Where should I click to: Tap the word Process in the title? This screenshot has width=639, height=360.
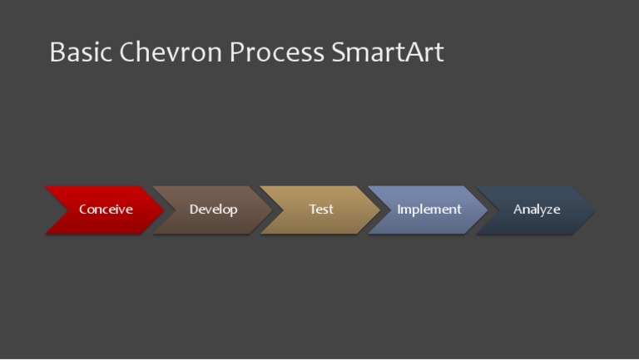[x=277, y=52]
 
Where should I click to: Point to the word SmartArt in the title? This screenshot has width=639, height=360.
[x=388, y=52]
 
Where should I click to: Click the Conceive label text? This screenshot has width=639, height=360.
[x=106, y=210]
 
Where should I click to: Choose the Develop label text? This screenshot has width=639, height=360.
[x=213, y=210]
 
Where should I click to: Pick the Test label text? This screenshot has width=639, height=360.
[x=321, y=210]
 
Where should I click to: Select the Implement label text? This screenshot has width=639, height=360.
[x=428, y=210]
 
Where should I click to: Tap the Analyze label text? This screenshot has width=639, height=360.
[x=537, y=210]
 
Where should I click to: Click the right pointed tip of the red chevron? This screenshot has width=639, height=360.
[x=164, y=210]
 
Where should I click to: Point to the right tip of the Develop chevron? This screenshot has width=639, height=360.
[x=271, y=210]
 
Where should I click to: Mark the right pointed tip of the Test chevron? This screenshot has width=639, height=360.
[x=379, y=210]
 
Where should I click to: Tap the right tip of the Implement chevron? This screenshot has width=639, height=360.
[x=488, y=210]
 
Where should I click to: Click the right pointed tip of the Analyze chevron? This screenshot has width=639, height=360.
[x=595, y=210]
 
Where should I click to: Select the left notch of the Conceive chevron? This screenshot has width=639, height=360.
[x=68, y=210]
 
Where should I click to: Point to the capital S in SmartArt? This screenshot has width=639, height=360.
[x=339, y=52]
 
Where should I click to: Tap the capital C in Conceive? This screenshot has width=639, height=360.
[x=83, y=210]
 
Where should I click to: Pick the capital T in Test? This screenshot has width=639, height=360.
[x=313, y=210]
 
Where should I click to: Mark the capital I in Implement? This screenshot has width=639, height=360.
[x=399, y=210]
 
